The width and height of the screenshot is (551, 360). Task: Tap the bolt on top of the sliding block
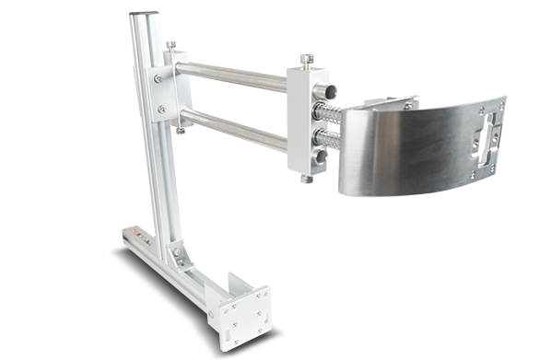point(303,61)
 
